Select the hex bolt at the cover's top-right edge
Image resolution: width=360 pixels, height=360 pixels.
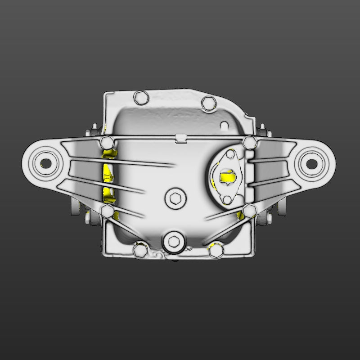[208, 103]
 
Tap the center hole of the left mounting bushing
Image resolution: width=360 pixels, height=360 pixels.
[45, 162]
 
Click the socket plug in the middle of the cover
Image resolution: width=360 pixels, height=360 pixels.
[175, 198]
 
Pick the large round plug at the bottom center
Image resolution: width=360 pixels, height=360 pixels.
[174, 241]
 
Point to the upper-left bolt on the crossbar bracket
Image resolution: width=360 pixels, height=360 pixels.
[108, 143]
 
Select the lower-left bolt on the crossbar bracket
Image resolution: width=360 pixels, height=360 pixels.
[108, 211]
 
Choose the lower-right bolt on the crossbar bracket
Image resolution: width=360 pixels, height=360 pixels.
[248, 211]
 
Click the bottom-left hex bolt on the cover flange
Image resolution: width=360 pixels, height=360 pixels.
[140, 251]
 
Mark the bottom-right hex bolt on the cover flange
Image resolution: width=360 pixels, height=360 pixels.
[216, 251]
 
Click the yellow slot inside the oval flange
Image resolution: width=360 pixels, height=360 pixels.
[227, 177]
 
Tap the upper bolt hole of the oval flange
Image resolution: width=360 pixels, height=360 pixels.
[231, 156]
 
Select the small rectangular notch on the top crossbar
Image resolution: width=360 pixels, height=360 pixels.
[180, 137]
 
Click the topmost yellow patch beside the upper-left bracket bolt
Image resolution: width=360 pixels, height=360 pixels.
[109, 154]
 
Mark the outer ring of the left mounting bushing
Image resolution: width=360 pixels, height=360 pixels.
[31, 162]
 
